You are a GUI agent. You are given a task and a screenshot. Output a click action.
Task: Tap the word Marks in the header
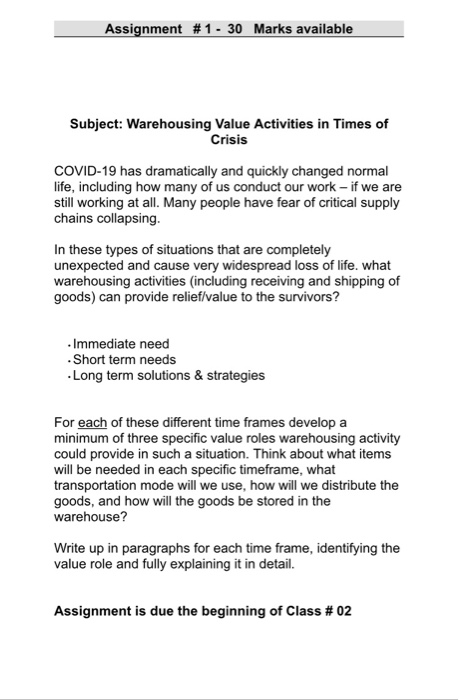coord(275,29)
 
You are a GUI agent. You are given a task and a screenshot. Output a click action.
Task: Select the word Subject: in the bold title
coord(105,124)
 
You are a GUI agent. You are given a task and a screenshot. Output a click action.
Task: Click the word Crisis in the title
coord(229,140)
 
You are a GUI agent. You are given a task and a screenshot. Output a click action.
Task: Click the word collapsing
coord(124,218)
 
